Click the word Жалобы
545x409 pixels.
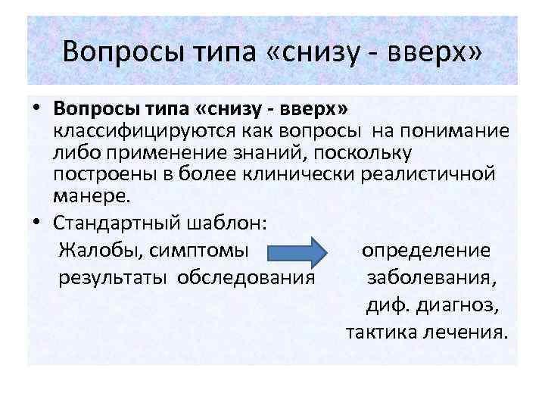click(100, 251)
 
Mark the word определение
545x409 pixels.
click(425, 251)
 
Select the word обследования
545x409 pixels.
click(245, 277)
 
